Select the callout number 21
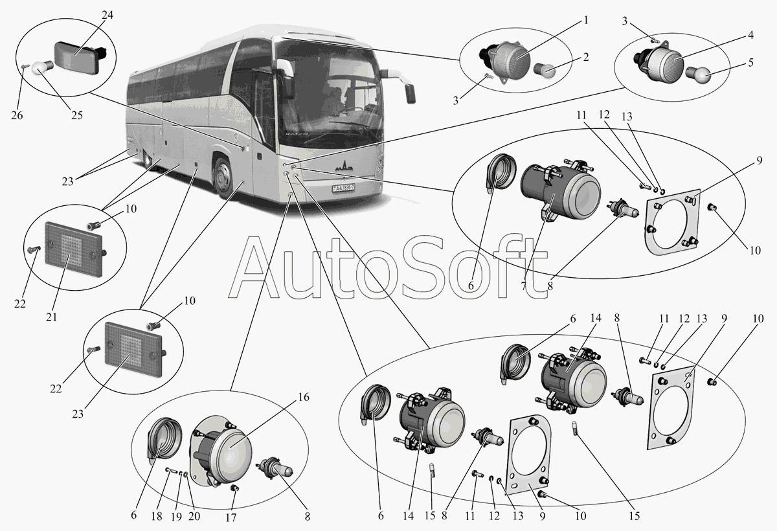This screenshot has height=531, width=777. tap(52, 317)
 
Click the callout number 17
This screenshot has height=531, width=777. tap(231, 517)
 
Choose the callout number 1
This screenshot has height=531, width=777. tap(585, 20)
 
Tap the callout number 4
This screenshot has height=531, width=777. tap(750, 35)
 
